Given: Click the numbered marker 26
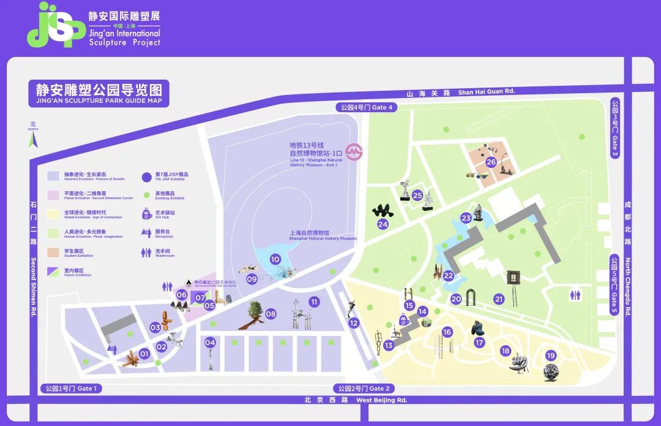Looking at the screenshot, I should pyautogui.click(x=491, y=162).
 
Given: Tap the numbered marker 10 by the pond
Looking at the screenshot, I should pyautogui.click(x=275, y=259).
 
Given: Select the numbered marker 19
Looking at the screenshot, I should pyautogui.click(x=550, y=356).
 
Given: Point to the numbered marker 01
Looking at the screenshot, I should pyautogui.click(x=144, y=353).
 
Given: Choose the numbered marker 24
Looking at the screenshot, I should pyautogui.click(x=383, y=224).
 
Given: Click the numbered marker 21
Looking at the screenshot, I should pyautogui.click(x=499, y=299).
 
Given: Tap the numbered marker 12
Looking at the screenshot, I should pyautogui.click(x=354, y=323).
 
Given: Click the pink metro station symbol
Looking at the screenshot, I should pyautogui.click(x=353, y=151).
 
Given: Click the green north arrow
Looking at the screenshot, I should pyautogui.click(x=34, y=140).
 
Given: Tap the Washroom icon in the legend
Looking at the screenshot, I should pyautogui.click(x=146, y=252).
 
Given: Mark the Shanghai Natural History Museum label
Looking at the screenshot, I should pyautogui.click(x=323, y=235).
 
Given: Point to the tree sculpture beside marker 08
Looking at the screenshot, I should pyautogui.click(x=254, y=313).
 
